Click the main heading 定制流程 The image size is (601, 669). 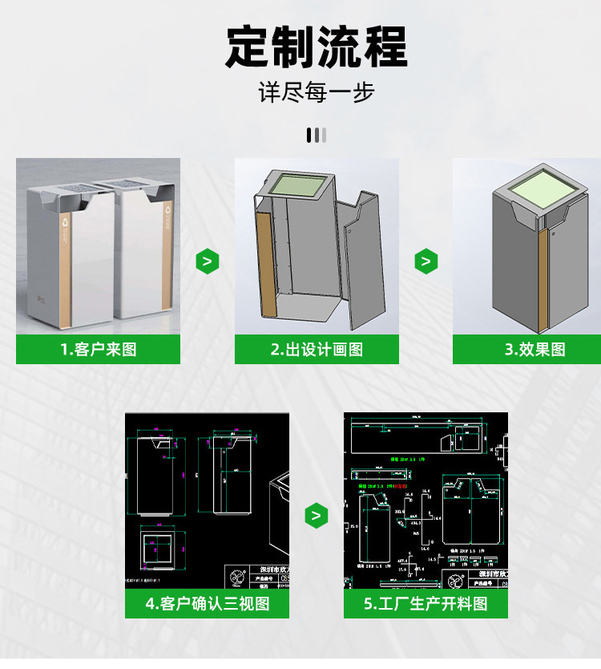[x=316, y=47]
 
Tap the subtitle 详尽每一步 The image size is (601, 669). [x=316, y=93]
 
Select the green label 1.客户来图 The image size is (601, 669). [x=98, y=350]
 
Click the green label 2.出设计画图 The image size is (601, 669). [x=317, y=350]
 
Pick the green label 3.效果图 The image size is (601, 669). [x=534, y=350]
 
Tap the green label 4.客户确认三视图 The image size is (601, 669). [x=207, y=603]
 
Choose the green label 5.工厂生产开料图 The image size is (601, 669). [x=426, y=603]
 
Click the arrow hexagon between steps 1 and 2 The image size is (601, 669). [x=207, y=262]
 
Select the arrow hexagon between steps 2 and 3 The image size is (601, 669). [x=426, y=262]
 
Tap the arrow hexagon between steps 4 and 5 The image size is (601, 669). [x=317, y=516]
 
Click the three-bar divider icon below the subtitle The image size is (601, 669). [x=316, y=135]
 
